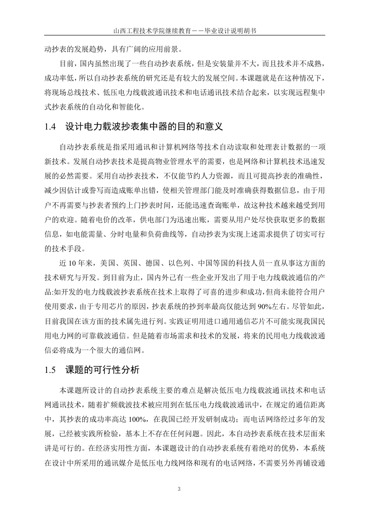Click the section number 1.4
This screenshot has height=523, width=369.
(x=50, y=127)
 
